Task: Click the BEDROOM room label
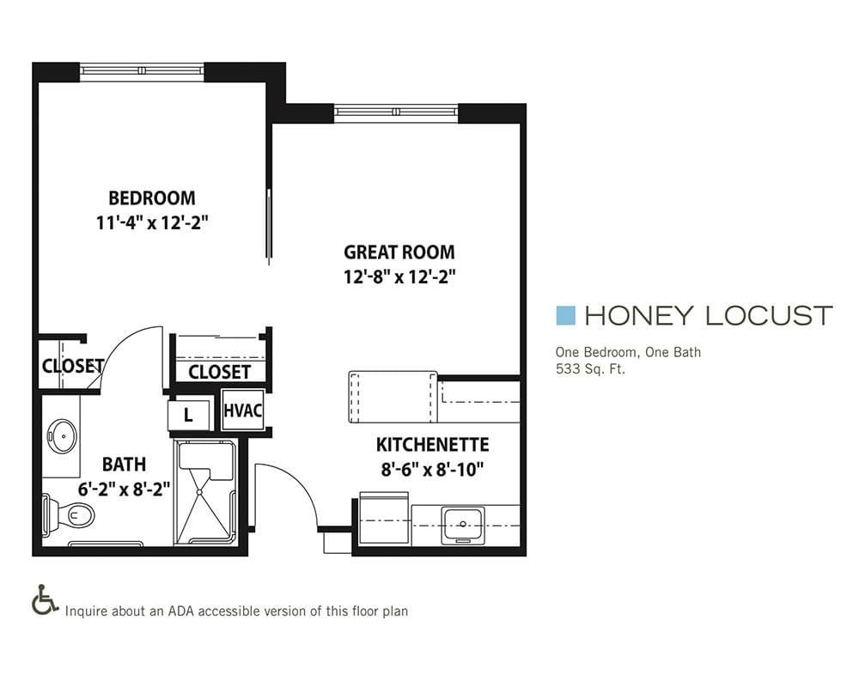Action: pyautogui.click(x=152, y=198)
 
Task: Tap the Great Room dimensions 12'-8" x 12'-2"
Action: pyautogui.click(x=399, y=277)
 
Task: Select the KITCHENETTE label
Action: pyautogui.click(x=432, y=444)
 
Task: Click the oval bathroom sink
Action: pyautogui.click(x=62, y=436)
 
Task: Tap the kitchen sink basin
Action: pyautogui.click(x=464, y=524)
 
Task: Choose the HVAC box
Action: pyautogui.click(x=243, y=410)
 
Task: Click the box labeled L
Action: pyautogui.click(x=188, y=416)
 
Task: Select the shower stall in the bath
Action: pyautogui.click(x=205, y=493)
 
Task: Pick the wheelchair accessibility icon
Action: pyautogui.click(x=45, y=599)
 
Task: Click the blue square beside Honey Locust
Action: pyautogui.click(x=565, y=315)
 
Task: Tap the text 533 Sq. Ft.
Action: pyautogui.click(x=590, y=368)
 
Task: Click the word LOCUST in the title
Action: pyautogui.click(x=769, y=315)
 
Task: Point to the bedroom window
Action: pyautogui.click(x=142, y=70)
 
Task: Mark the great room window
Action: pyautogui.click(x=395, y=112)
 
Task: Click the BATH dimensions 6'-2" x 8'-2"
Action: pyautogui.click(x=124, y=489)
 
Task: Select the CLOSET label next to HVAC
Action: pyautogui.click(x=219, y=372)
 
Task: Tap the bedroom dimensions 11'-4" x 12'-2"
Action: pyautogui.click(x=152, y=223)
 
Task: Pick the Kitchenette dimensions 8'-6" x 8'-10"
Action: pyautogui.click(x=433, y=470)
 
